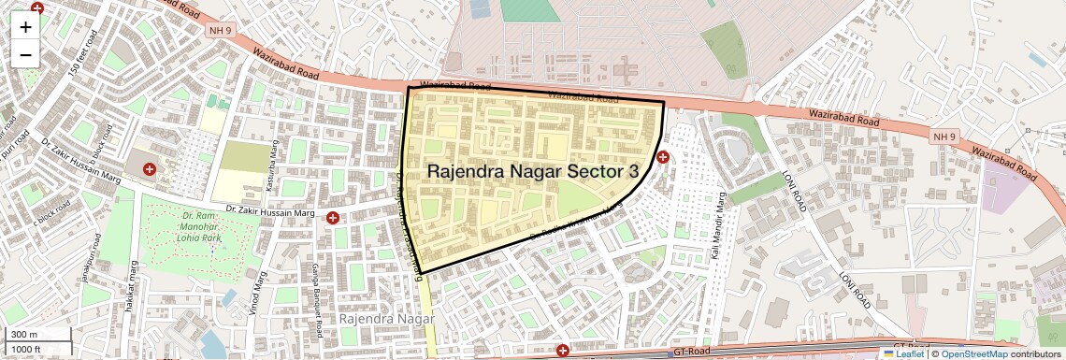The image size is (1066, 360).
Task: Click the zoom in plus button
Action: click(x=25, y=27)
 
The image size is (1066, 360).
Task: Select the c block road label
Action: click(x=52, y=213)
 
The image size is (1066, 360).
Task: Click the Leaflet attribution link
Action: click(x=903, y=353)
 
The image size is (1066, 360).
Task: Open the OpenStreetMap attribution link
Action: click(x=973, y=353)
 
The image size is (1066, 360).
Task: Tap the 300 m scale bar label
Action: click(x=24, y=335)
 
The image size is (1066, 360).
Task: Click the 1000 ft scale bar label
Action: click(x=27, y=349)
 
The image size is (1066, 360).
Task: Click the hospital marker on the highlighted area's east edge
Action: click(x=663, y=157)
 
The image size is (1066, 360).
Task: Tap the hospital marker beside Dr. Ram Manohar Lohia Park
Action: click(x=149, y=169)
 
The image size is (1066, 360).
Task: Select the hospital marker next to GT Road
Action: click(x=563, y=352)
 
